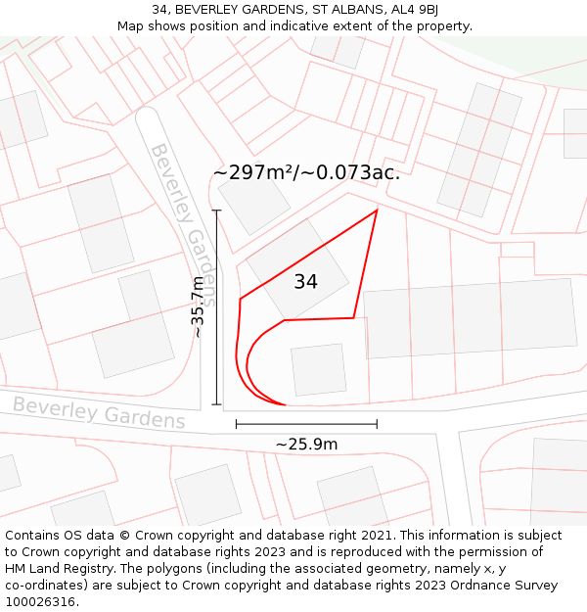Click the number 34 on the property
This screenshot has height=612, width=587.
click(305, 282)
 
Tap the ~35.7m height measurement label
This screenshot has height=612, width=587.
click(198, 306)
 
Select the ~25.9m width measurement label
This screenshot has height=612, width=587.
click(306, 445)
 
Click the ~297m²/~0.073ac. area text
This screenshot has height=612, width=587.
click(306, 172)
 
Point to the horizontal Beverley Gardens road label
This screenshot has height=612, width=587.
click(99, 412)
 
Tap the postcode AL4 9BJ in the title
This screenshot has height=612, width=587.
click(415, 10)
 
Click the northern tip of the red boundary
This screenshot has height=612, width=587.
click(377, 210)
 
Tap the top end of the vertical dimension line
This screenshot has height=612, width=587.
click(216, 211)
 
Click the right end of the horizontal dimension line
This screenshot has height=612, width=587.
click(377, 424)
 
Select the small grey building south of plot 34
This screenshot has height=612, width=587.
click(318, 369)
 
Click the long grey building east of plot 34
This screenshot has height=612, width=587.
click(471, 319)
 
